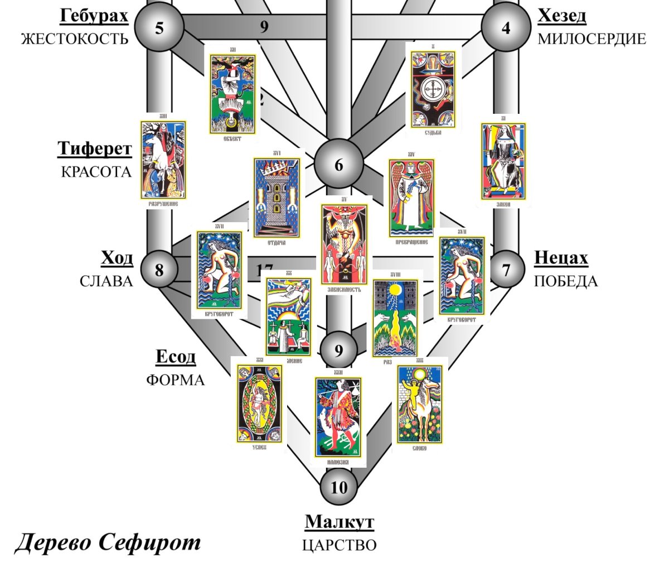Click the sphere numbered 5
(x=160, y=27)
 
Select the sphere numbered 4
(x=506, y=27)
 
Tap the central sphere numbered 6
(x=338, y=166)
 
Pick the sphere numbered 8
(x=159, y=270)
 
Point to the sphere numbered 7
(x=506, y=270)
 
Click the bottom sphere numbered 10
(x=338, y=487)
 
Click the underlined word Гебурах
(x=94, y=16)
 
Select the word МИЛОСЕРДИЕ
(x=591, y=40)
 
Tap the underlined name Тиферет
(x=95, y=149)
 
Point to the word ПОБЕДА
(x=566, y=281)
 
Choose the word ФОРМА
(x=176, y=380)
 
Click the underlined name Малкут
(x=339, y=523)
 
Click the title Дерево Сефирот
(x=107, y=542)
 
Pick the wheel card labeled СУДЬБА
(x=433, y=89)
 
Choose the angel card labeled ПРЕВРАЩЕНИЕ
(x=412, y=198)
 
